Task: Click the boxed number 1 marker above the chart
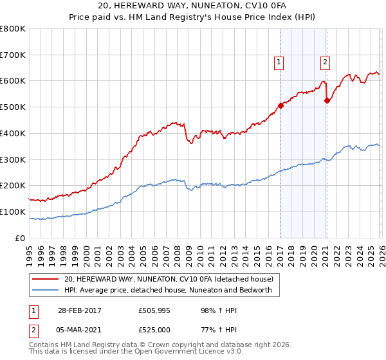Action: coord(279,62)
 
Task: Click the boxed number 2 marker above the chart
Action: coord(326,62)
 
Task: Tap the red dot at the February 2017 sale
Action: coord(280,105)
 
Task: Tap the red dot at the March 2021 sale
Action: coord(327,100)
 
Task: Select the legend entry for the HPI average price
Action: coord(168,290)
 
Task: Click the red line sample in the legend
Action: coord(46,279)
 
